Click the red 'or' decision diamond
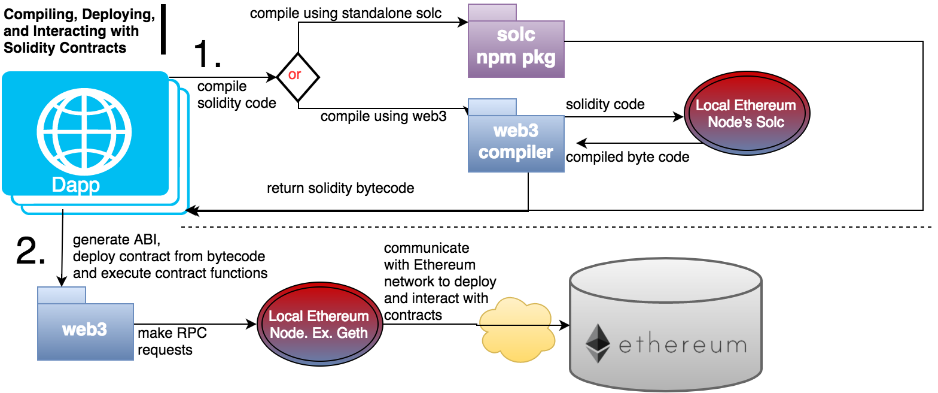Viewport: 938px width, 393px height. [x=297, y=77]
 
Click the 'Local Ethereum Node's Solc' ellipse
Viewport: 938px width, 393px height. [x=745, y=114]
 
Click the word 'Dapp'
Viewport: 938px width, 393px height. [x=76, y=184]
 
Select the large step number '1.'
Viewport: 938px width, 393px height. [x=208, y=55]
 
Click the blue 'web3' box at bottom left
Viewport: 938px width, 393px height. [x=85, y=329]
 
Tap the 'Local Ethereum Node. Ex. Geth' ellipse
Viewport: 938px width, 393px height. [x=319, y=324]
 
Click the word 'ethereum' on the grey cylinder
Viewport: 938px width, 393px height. [x=682, y=346]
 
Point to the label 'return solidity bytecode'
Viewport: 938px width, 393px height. [x=340, y=188]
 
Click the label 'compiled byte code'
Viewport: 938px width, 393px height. [x=628, y=158]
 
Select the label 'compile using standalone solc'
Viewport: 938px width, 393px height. [x=346, y=13]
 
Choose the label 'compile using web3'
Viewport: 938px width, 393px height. [x=383, y=116]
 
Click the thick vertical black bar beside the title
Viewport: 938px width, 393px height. [x=163, y=29]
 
